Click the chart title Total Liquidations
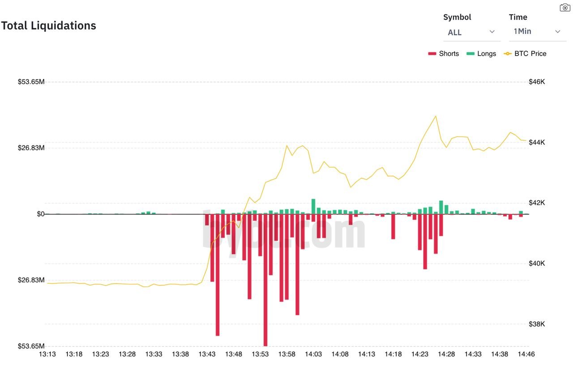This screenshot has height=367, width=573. (49, 26)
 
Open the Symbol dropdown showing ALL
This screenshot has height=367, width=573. (471, 32)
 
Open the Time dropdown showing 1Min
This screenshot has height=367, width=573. (537, 31)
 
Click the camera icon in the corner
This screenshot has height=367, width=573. (565, 8)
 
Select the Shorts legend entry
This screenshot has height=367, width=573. (444, 54)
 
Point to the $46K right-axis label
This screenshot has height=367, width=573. (537, 82)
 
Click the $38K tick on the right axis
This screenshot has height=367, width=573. (537, 324)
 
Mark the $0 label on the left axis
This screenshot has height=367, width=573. (40, 214)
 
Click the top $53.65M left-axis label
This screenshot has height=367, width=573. (31, 82)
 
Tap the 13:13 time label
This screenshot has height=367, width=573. (47, 354)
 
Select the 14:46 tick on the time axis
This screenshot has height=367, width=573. (526, 354)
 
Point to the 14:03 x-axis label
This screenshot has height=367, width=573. (313, 354)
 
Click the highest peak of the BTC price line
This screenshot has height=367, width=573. (436, 116)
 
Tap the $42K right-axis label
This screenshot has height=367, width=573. (537, 203)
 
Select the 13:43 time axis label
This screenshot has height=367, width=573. (207, 354)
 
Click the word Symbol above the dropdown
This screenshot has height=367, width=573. (457, 17)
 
